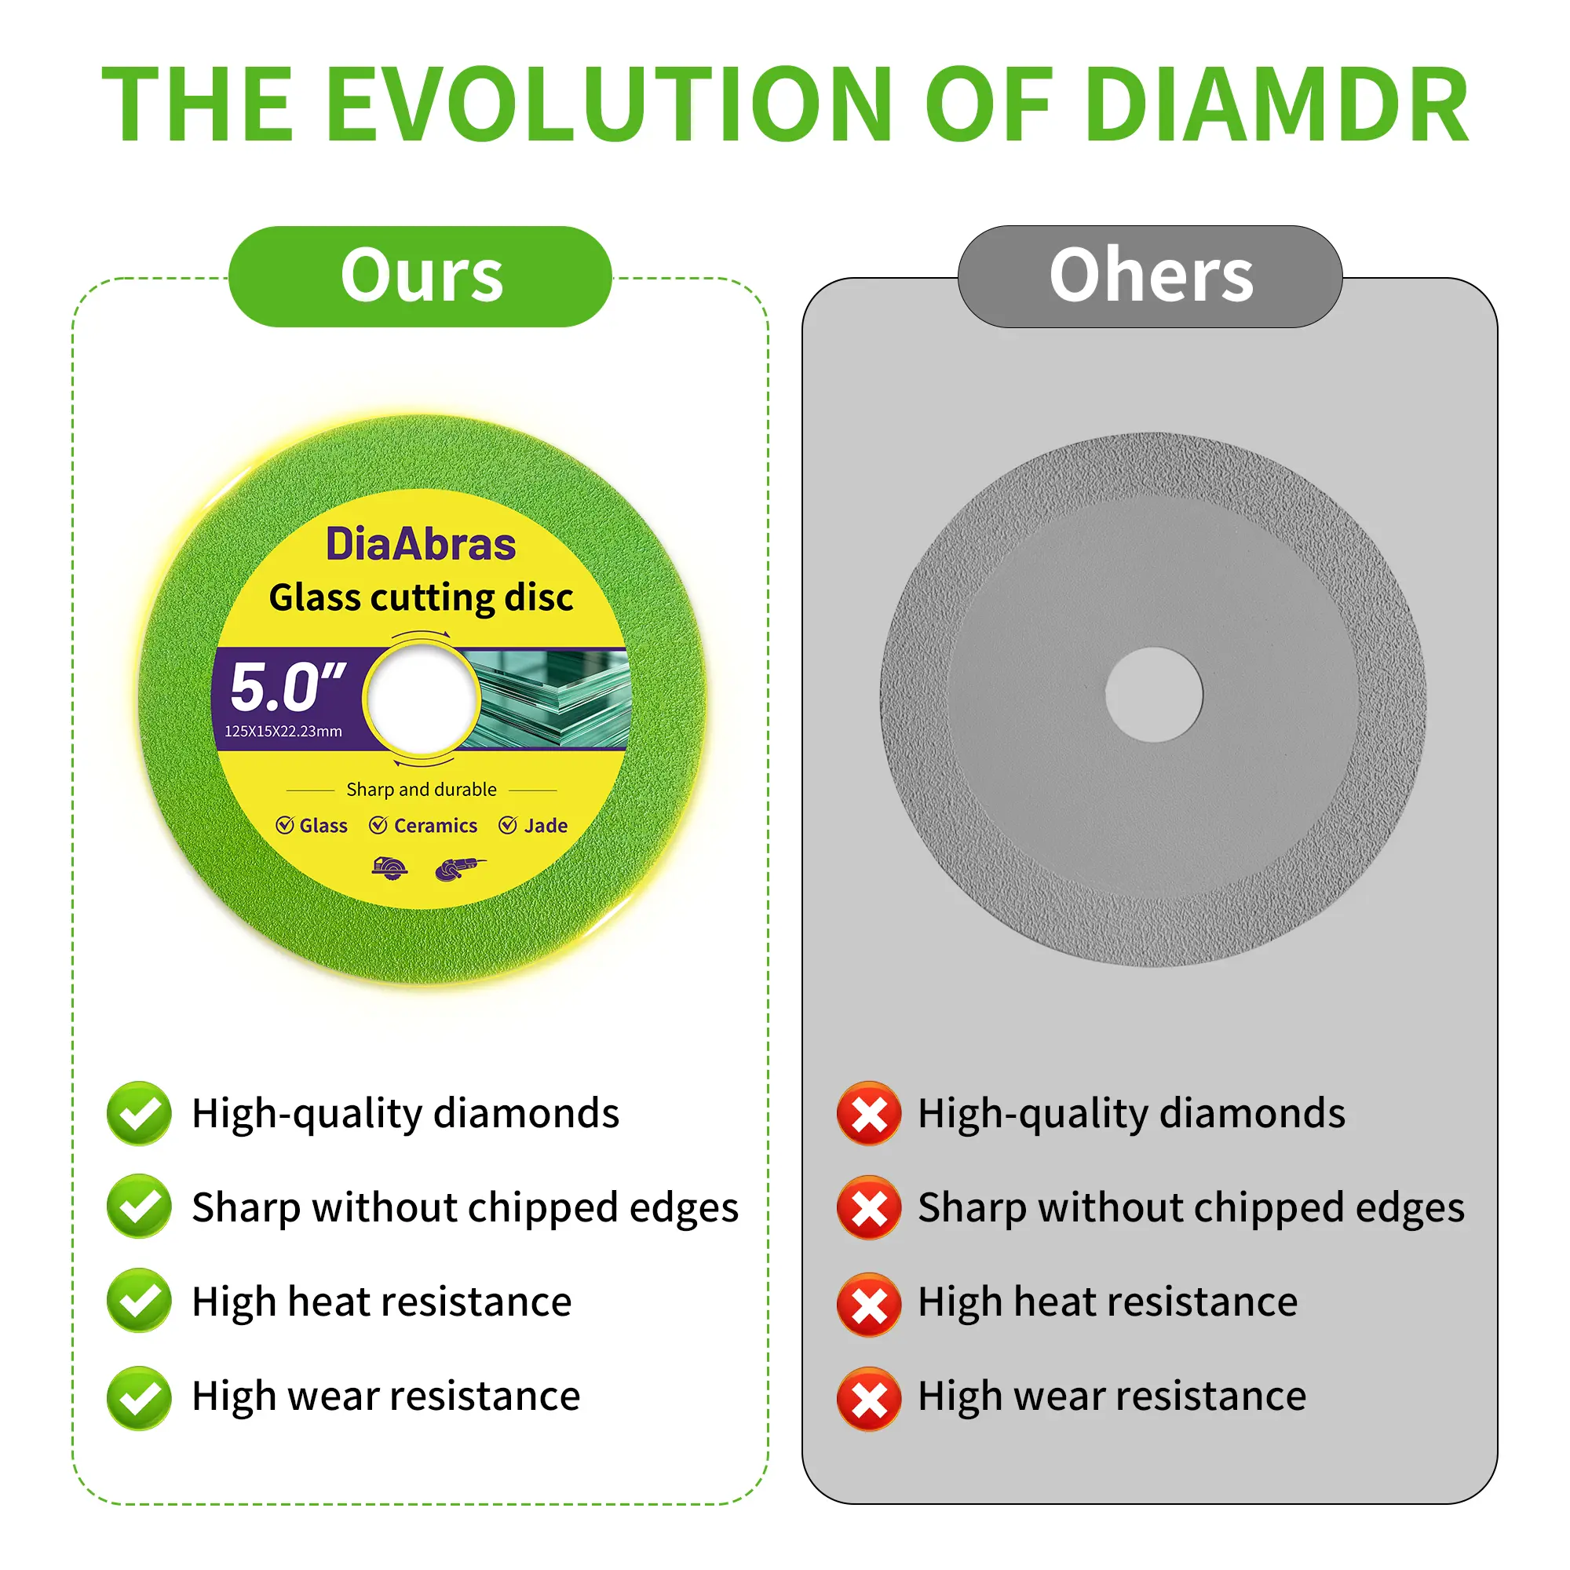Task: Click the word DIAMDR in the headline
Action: (1276, 105)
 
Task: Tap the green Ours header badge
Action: (420, 276)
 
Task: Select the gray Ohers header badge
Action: (1150, 276)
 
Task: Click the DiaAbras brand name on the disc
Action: (420, 544)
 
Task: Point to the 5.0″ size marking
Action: (287, 687)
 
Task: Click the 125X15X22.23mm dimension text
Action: (283, 732)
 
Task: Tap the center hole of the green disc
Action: (421, 697)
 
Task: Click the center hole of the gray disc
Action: (1154, 695)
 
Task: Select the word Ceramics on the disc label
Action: (436, 826)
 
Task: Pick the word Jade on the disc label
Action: (546, 826)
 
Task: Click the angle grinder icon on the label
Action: (461, 869)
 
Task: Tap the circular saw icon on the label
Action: (390, 869)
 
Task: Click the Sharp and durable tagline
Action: (421, 790)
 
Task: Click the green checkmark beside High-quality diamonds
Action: (139, 1113)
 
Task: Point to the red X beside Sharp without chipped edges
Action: (869, 1207)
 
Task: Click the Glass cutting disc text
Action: (421, 597)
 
